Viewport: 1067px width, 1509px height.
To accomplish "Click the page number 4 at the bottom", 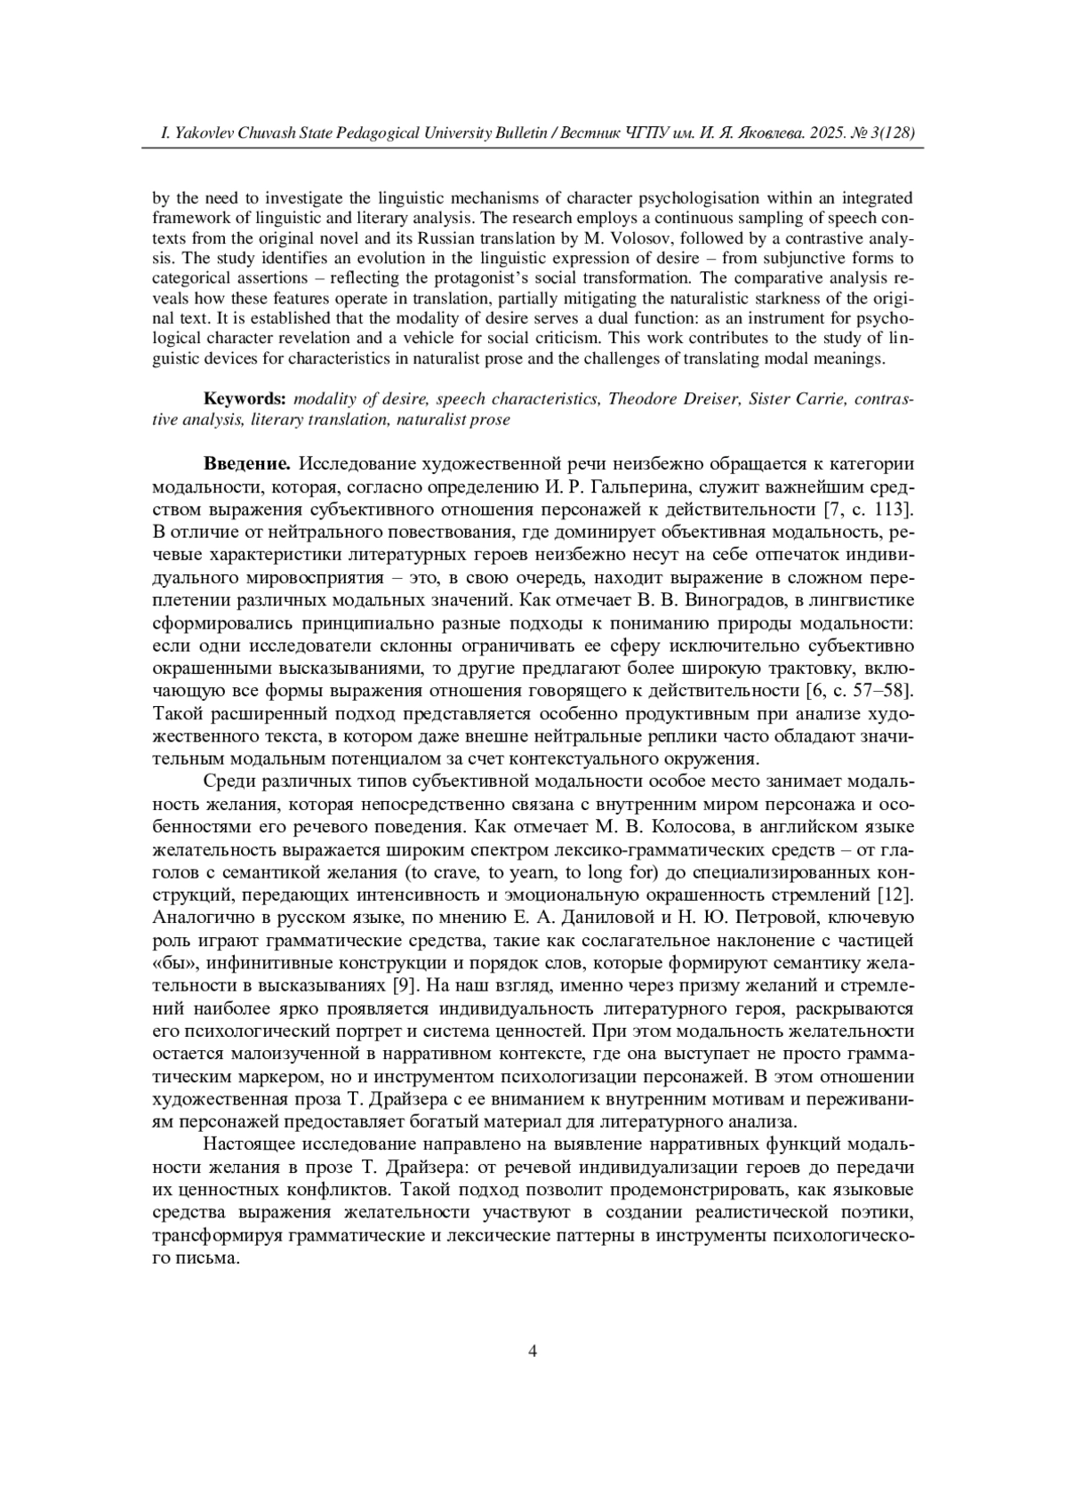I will (x=533, y=1352).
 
